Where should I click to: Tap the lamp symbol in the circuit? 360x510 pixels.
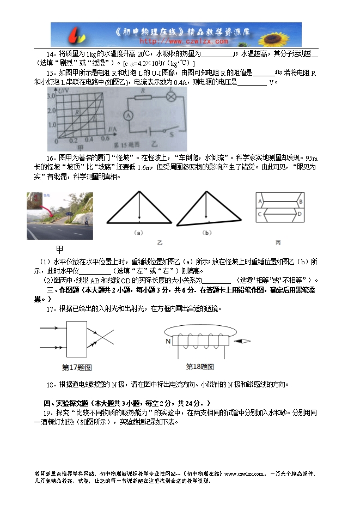point(170,98)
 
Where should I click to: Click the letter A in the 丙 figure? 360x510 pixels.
point(261,201)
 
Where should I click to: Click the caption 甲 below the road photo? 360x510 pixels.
point(60,248)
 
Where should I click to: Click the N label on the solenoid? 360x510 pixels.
point(169,342)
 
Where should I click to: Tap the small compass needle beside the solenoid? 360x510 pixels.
point(243,342)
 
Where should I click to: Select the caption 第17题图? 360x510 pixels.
point(77,367)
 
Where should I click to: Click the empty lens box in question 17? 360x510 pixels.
point(80,338)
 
